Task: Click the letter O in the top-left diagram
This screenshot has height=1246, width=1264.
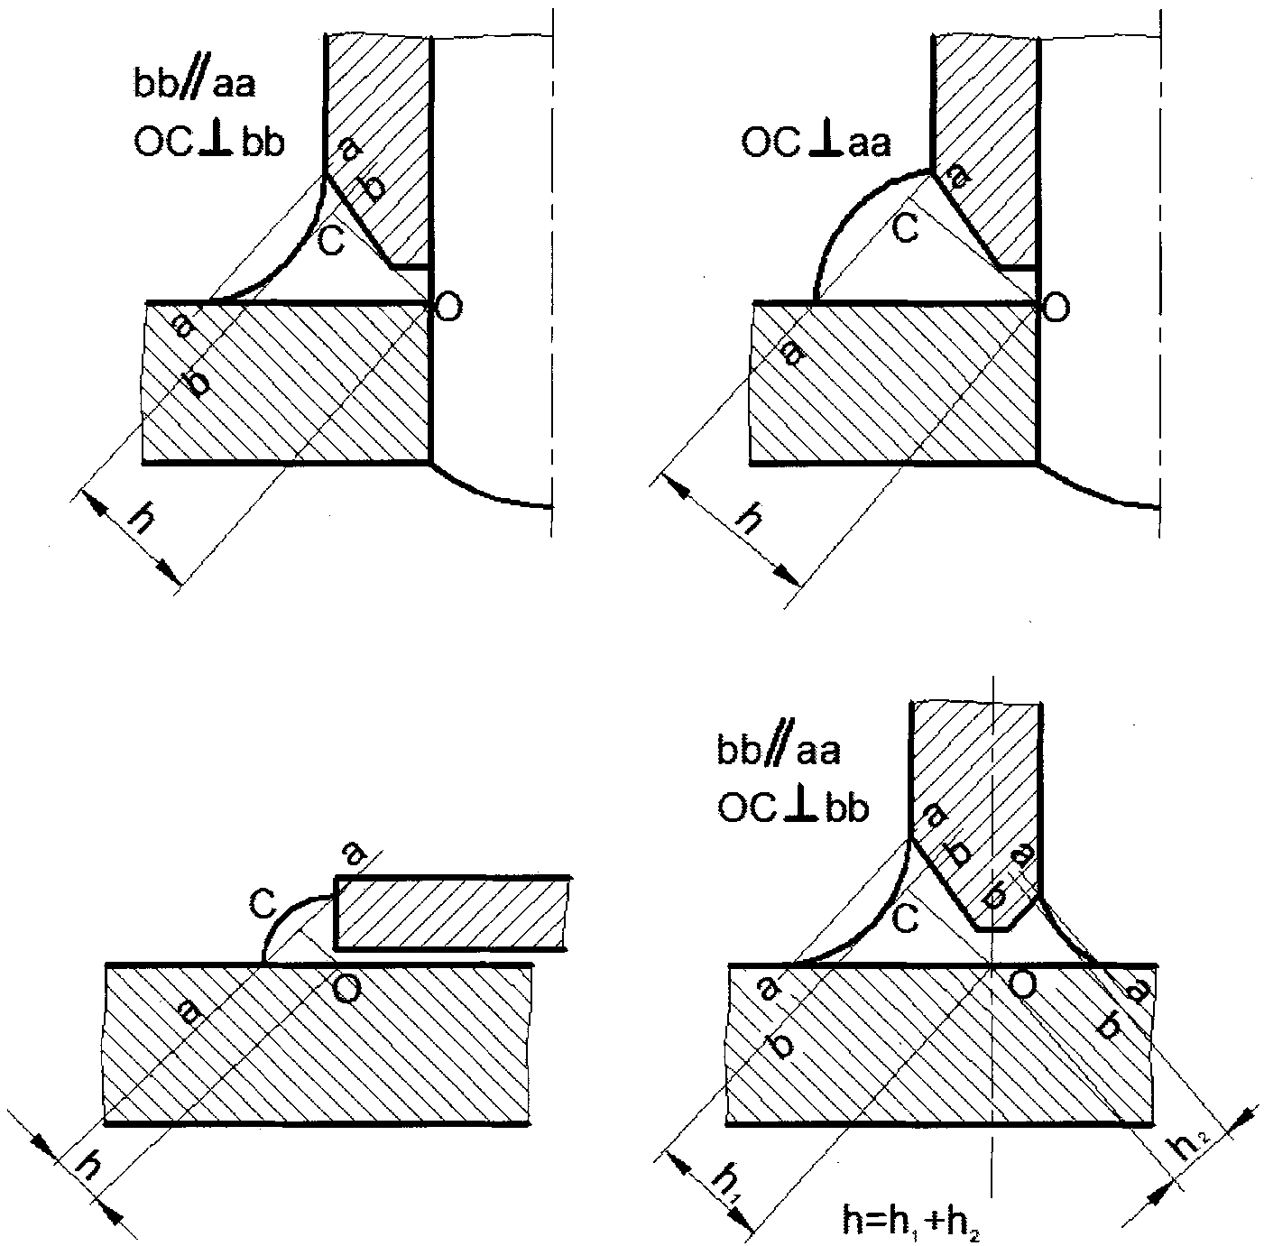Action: tap(448, 308)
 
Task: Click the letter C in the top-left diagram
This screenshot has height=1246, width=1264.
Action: tap(332, 242)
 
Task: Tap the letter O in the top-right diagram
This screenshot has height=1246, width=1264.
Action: tap(1056, 308)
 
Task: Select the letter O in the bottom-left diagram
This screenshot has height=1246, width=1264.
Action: tap(347, 991)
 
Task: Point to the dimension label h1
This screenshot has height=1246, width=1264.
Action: tap(726, 1178)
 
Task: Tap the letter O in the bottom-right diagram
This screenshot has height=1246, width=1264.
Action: tap(1020, 986)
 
